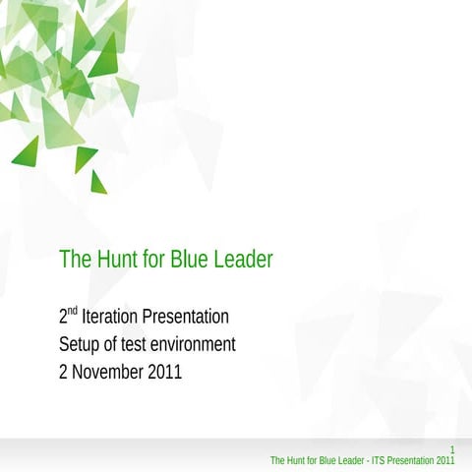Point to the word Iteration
click(x=110, y=317)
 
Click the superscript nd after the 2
click(x=72, y=311)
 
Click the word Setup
click(x=81, y=344)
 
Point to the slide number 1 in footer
click(x=451, y=448)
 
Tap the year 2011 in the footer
click(x=444, y=459)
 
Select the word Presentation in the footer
click(x=405, y=459)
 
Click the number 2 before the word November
click(x=64, y=373)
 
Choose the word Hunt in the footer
click(x=293, y=459)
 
